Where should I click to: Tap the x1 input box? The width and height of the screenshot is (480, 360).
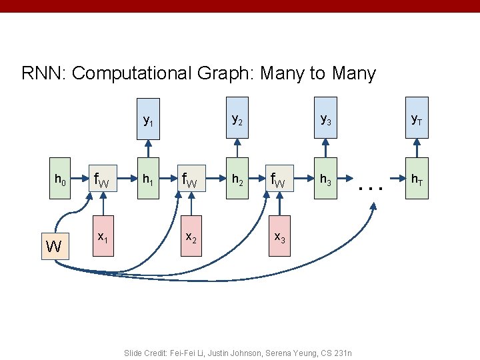pos(103,236)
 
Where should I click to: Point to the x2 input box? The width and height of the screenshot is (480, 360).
pos(191,236)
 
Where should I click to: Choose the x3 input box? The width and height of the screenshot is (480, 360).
pos(280,236)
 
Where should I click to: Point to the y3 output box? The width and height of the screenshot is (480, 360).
pos(325,120)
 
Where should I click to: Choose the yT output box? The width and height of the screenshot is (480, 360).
pos(415,120)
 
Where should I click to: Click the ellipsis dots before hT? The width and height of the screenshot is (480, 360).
pos(371,188)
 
